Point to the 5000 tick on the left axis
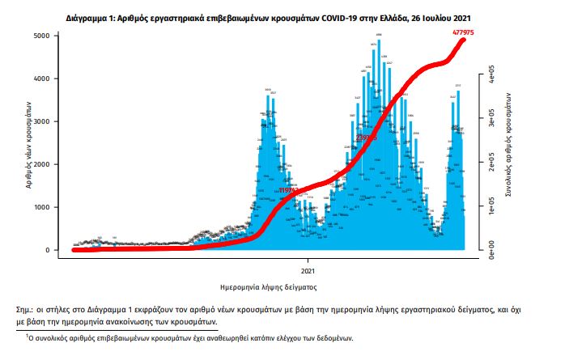click(48, 36)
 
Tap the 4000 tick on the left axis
click(48, 79)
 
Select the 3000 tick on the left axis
click(48, 122)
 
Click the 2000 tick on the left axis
click(48, 165)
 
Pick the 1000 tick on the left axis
click(48, 208)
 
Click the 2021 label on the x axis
click(308, 271)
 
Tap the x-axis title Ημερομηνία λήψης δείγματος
click(268, 287)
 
